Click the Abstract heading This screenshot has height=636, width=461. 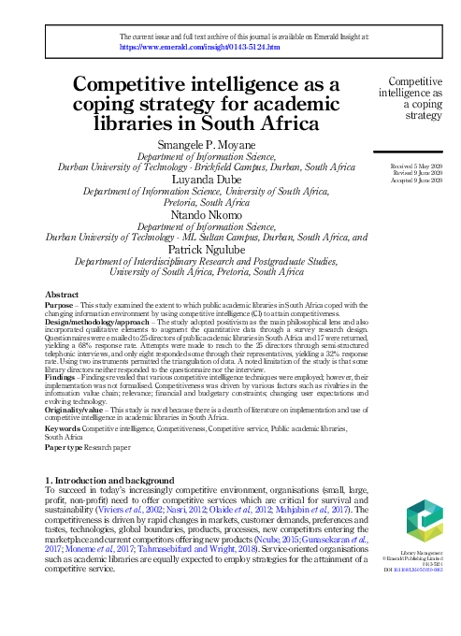[62, 295]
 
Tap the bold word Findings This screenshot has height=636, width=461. [62, 377]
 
